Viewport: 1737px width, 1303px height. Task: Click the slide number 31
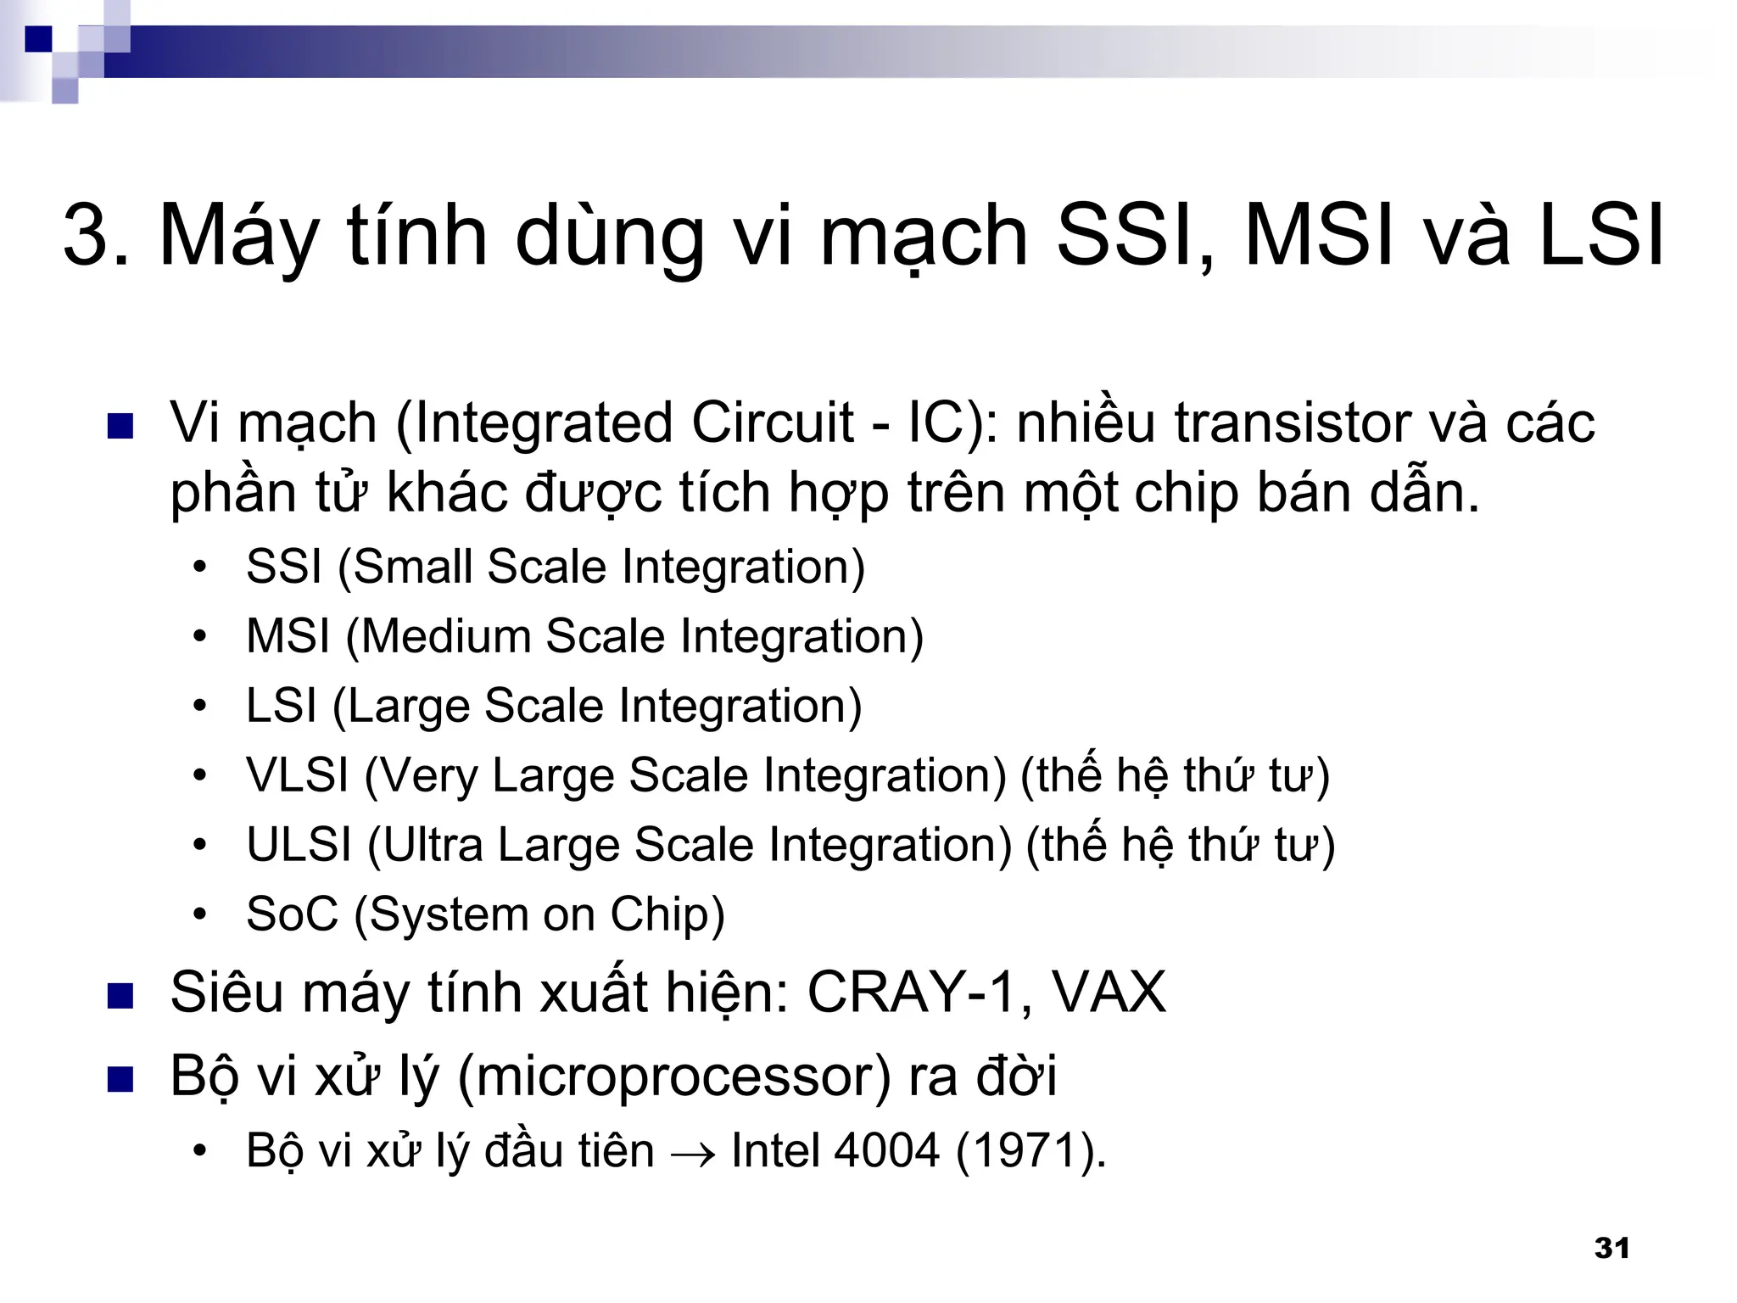tap(1611, 1248)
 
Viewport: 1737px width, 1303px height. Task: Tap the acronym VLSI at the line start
tap(297, 775)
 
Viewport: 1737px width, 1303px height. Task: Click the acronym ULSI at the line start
tap(299, 844)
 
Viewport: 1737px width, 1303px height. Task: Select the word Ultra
tap(433, 844)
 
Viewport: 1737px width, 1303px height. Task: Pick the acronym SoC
tap(292, 914)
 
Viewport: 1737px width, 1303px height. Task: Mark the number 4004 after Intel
tap(886, 1151)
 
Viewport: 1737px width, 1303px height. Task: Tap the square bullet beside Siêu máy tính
tap(120, 996)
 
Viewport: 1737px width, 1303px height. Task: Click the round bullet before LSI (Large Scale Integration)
tap(199, 706)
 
